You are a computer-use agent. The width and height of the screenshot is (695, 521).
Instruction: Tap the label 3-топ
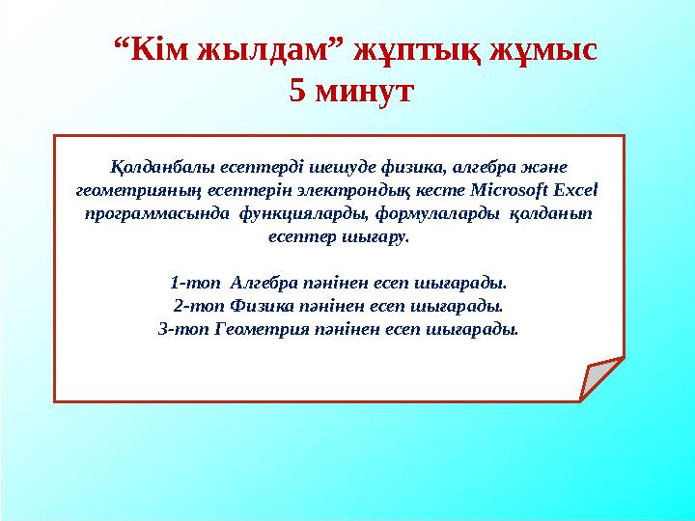pos(179,329)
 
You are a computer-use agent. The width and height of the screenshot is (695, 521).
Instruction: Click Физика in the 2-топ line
pos(259,306)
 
